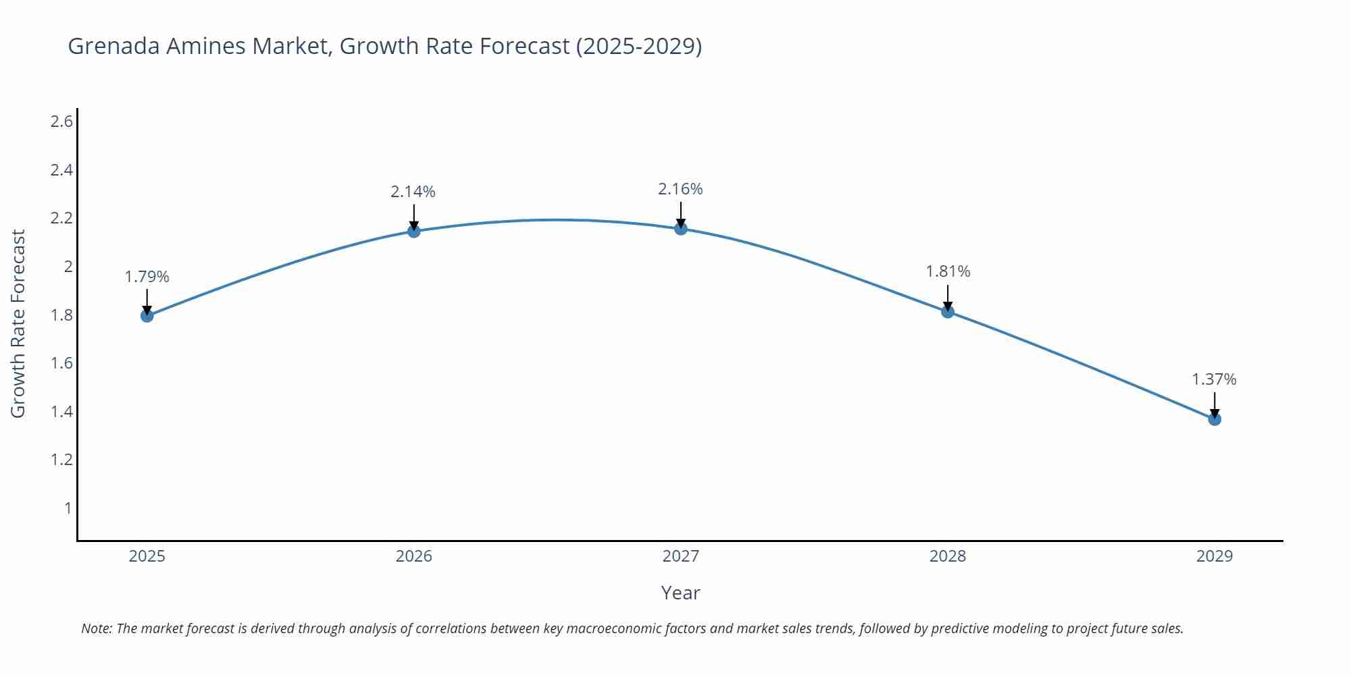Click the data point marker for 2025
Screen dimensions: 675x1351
point(147,315)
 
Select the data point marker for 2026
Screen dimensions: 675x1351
point(414,232)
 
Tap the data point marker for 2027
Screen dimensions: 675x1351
point(681,229)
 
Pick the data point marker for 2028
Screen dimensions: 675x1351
point(948,311)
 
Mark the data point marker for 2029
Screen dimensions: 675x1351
point(1215,419)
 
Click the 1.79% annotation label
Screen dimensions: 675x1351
point(147,277)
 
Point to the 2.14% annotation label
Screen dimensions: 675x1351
point(413,192)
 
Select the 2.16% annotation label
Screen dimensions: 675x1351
point(680,189)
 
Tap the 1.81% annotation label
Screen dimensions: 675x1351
point(948,271)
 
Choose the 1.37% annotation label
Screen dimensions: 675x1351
point(1214,379)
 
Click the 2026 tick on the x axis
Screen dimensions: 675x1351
point(414,556)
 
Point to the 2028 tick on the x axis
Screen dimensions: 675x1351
point(948,556)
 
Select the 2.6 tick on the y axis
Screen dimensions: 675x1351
point(61,122)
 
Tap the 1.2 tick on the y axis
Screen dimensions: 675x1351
point(61,460)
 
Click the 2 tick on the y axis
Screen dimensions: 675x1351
point(68,267)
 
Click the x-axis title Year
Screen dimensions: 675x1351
point(680,593)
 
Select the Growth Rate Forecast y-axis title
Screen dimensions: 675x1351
point(18,323)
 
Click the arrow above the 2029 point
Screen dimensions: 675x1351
point(1215,404)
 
